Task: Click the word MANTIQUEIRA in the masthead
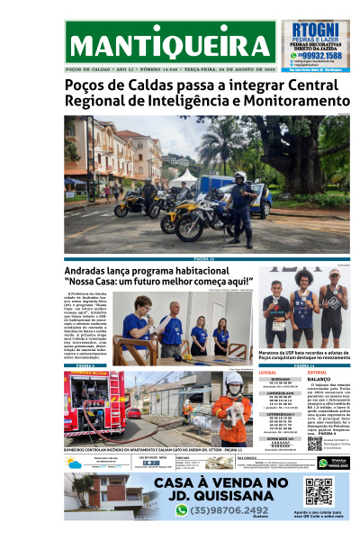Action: click(x=170, y=46)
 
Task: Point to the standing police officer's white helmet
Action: click(x=240, y=176)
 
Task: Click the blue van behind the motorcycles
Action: click(x=216, y=189)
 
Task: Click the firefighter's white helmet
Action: click(x=235, y=382)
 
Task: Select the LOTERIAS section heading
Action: click(x=267, y=371)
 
